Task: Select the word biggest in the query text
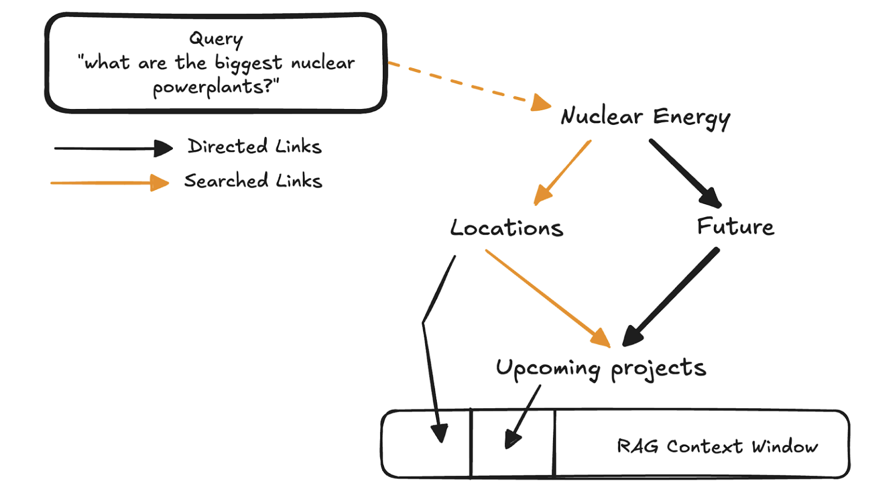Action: coord(248,64)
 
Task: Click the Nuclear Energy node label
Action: coord(645,117)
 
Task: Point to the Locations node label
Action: coord(507,228)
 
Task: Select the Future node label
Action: coord(735,226)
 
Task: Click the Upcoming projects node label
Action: coord(600,368)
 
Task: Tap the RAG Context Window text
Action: coord(717,446)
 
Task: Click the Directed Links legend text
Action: coord(254,146)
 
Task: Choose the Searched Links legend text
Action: coord(253,181)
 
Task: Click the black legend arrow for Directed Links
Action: coord(113,148)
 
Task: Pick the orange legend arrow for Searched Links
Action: coord(109,183)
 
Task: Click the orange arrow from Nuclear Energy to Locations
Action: coord(563,172)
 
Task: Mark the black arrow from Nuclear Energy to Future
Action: coord(685,173)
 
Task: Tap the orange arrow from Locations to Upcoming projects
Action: coord(548,298)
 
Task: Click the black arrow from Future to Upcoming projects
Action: coord(671,297)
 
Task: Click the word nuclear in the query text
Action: coord(323,63)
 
